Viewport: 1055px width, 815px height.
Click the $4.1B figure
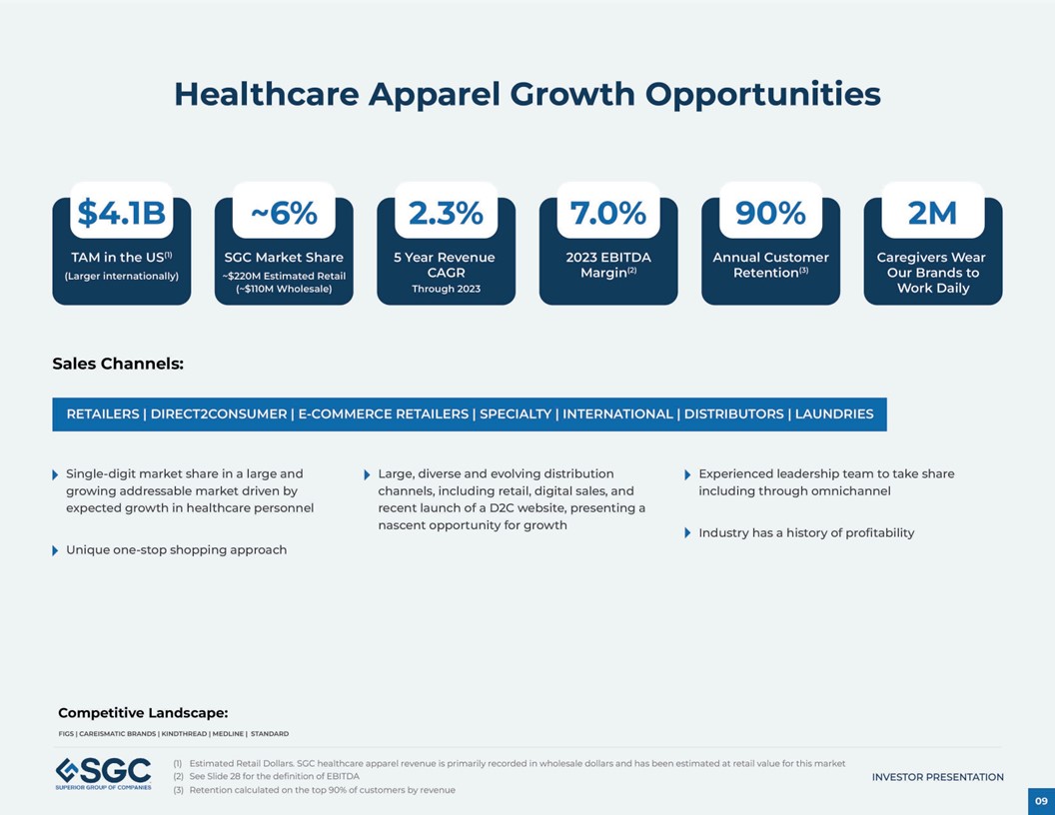pyautogui.click(x=121, y=213)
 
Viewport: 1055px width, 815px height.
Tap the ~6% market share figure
pyautogui.click(x=283, y=213)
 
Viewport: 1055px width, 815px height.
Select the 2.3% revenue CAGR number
pyautogui.click(x=446, y=213)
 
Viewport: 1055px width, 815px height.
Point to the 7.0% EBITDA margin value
pyautogui.click(x=607, y=213)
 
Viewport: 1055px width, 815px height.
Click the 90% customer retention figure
pyautogui.click(x=770, y=213)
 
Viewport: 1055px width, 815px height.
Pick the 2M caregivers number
pyautogui.click(x=932, y=213)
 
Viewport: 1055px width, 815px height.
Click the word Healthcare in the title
pyautogui.click(x=266, y=94)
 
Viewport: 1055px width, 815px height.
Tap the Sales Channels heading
pyautogui.click(x=118, y=364)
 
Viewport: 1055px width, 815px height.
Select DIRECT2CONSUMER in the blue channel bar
pyautogui.click(x=219, y=414)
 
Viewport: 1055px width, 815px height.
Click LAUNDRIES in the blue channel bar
pyautogui.click(x=834, y=414)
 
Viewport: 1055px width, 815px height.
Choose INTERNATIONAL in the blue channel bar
pyautogui.click(x=617, y=414)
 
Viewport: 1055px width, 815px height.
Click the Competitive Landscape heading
pyautogui.click(x=143, y=712)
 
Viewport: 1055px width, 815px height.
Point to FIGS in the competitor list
pyautogui.click(x=66, y=734)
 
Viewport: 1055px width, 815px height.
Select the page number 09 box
pyautogui.click(x=1041, y=801)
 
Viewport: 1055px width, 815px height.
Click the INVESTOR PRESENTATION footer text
pyautogui.click(x=937, y=777)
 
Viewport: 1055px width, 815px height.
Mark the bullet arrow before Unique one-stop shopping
pyautogui.click(x=55, y=550)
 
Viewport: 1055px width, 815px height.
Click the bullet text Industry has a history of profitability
pyautogui.click(x=806, y=533)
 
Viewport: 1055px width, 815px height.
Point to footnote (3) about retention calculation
pyautogui.click(x=315, y=790)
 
